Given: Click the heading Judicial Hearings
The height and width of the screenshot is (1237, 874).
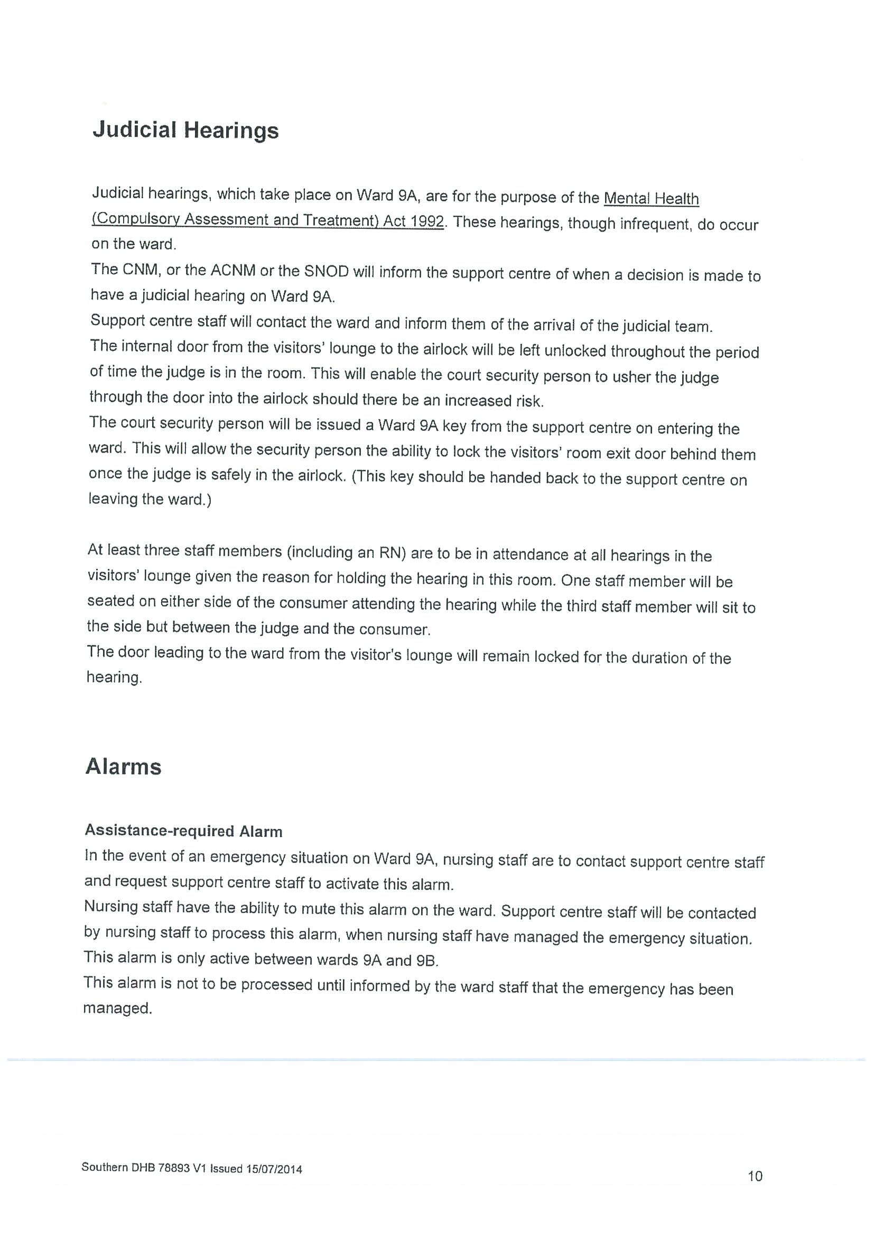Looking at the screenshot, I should click(x=186, y=131).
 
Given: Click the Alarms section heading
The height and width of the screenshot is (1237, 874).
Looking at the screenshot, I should click(x=123, y=767).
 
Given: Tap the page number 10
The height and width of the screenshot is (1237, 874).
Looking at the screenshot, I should click(x=755, y=1176).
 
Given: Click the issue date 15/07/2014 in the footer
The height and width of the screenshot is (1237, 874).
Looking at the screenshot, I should click(x=274, y=1169).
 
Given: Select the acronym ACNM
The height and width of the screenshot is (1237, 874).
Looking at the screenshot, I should click(x=233, y=271).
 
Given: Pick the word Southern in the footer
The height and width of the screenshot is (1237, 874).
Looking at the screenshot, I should click(x=105, y=1168).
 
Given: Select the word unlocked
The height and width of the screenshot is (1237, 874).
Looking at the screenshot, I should click(x=575, y=350).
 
